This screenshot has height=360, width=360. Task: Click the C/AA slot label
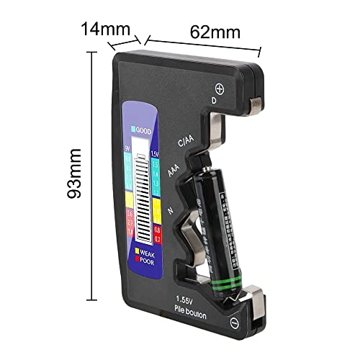click(185, 141)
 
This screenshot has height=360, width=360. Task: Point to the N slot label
click(169, 210)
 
